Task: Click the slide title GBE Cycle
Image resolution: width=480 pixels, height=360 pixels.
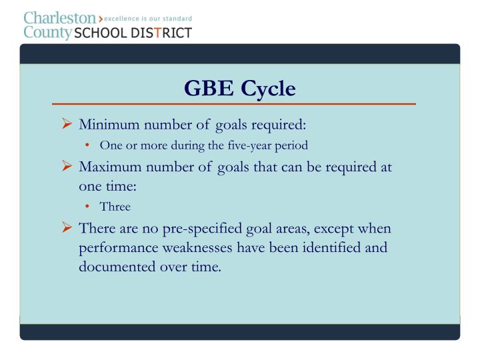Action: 239,88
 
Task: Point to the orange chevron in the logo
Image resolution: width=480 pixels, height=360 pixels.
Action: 100,18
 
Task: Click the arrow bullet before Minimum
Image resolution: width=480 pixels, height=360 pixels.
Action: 66,125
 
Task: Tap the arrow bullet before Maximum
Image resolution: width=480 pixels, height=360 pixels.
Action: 66,166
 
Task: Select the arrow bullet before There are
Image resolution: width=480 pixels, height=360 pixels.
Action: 66,228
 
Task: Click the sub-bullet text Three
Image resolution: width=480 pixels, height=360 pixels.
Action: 115,207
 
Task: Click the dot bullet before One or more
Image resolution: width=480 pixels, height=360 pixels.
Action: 89,145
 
